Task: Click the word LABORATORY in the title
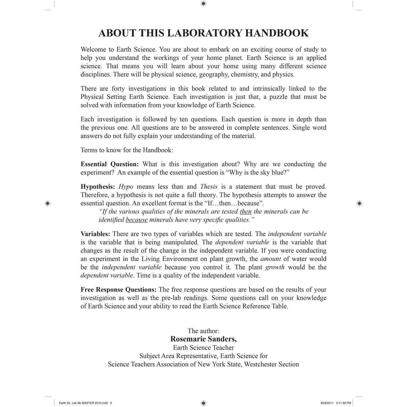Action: [204, 33]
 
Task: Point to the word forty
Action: [118, 89]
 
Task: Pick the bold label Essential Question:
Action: [110, 164]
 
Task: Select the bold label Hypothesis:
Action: [98, 187]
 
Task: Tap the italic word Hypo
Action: [126, 187]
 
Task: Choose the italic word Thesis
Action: [209, 187]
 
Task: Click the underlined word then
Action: [246, 212]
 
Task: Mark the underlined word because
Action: [137, 220]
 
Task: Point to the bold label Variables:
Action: [95, 234]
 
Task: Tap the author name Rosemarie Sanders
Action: [203, 339]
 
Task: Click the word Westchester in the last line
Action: [260, 364]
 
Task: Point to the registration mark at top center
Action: [204, 4]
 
